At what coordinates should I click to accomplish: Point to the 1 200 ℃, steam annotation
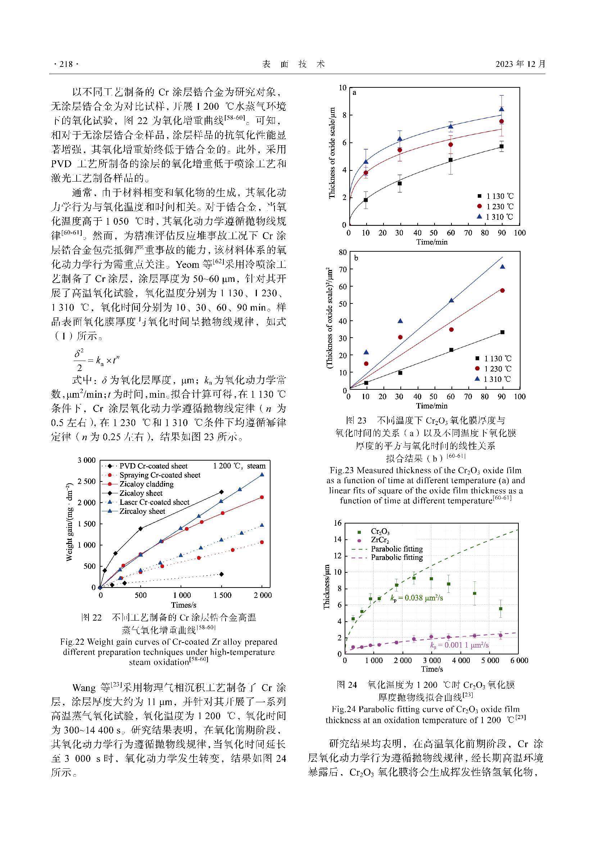(x=239, y=466)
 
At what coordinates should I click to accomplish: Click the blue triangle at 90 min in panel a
(x=501, y=109)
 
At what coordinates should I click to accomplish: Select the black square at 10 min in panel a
(x=365, y=200)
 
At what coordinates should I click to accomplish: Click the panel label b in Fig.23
(x=356, y=258)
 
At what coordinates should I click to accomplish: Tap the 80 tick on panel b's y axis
(x=342, y=252)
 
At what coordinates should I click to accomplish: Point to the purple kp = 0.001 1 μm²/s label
(x=459, y=645)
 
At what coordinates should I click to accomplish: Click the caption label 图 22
(x=91, y=618)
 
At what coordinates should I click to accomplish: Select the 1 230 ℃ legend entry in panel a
(x=495, y=207)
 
